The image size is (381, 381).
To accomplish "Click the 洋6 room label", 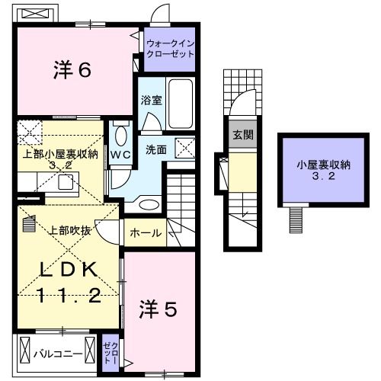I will click(x=72, y=70).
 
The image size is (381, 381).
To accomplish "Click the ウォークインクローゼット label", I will click(x=169, y=50).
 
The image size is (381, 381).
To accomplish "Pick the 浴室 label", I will click(x=150, y=99).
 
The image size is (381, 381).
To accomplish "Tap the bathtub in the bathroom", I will click(x=180, y=97).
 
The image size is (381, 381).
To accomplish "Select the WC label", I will click(x=121, y=154).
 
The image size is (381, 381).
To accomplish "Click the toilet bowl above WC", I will click(x=121, y=135).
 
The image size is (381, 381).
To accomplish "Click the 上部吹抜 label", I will click(x=70, y=230).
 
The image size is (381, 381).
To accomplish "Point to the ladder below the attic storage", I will click(x=296, y=222).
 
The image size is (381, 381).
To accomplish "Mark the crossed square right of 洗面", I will click(x=184, y=148).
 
